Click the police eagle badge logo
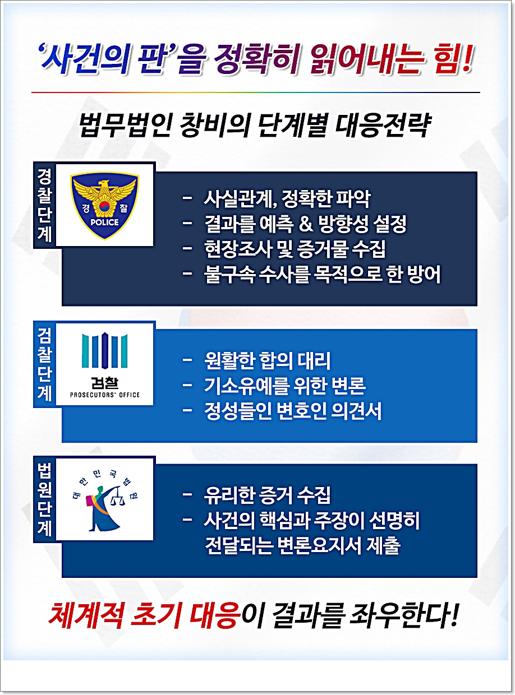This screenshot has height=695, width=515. [x=104, y=205]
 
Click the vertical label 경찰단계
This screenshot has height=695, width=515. [x=44, y=205]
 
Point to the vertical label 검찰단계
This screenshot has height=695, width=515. [x=44, y=364]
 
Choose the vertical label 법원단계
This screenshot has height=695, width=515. [x=44, y=499]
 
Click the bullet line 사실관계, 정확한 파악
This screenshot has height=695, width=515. [x=287, y=199]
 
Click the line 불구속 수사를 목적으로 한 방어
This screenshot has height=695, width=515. [x=323, y=275]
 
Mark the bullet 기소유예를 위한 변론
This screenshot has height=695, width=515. [x=285, y=386]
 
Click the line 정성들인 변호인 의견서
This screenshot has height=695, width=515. [x=293, y=411]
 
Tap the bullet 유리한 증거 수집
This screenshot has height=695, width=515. [x=267, y=495]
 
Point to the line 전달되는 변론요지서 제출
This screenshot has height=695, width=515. [x=302, y=546]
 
